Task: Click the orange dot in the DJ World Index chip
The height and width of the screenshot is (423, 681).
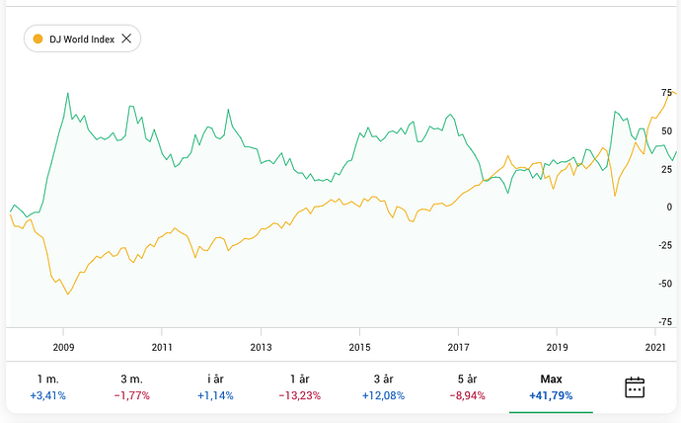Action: pyautogui.click(x=38, y=39)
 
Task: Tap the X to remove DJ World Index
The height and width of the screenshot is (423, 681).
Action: pyautogui.click(x=125, y=39)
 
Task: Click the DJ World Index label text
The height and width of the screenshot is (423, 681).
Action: pyautogui.click(x=82, y=39)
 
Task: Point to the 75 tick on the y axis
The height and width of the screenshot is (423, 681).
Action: pyautogui.click(x=666, y=92)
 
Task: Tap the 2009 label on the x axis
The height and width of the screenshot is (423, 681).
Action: pyautogui.click(x=63, y=347)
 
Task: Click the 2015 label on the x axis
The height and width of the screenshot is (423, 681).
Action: pyautogui.click(x=359, y=347)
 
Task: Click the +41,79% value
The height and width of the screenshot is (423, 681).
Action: pyautogui.click(x=551, y=395)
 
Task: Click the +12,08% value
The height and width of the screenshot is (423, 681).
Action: pyautogui.click(x=382, y=395)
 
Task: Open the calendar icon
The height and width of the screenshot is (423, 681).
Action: pyautogui.click(x=635, y=386)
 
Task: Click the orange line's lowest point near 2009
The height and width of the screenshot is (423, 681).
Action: pyautogui.click(x=68, y=295)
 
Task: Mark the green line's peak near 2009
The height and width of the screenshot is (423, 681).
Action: pyautogui.click(x=67, y=94)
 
